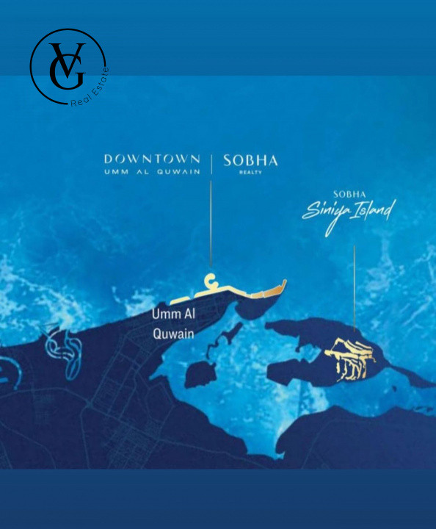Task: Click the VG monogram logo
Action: [68, 66]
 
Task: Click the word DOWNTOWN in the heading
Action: [152, 158]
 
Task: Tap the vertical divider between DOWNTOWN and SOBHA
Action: [211, 163]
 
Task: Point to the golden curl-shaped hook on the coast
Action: [211, 281]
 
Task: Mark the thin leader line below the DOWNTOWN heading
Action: [211, 220]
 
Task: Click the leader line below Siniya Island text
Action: [355, 287]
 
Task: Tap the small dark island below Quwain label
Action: [198, 373]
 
